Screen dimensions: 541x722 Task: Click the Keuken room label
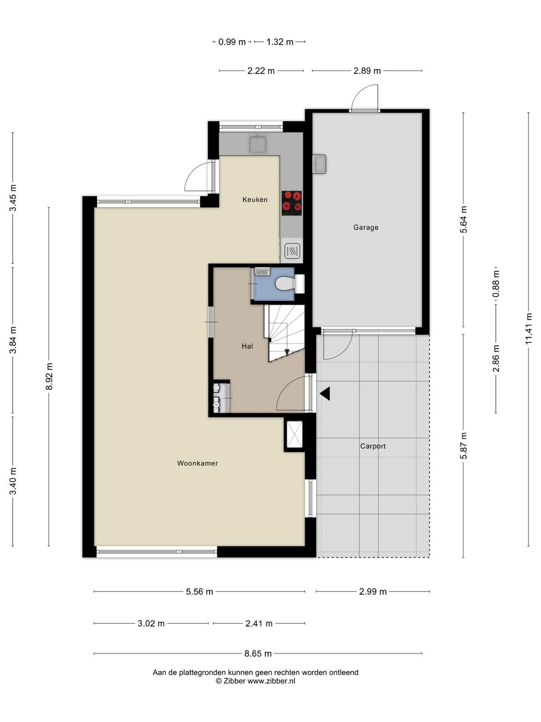(x=255, y=199)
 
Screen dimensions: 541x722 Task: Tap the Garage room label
(x=366, y=227)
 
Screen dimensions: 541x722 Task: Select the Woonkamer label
(x=197, y=463)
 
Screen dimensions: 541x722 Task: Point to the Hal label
(x=247, y=346)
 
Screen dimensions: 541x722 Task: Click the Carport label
(x=373, y=446)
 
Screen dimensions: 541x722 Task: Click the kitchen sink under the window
(x=258, y=144)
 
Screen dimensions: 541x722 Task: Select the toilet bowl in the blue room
(x=284, y=283)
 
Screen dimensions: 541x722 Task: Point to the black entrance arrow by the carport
(x=325, y=393)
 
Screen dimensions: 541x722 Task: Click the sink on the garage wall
(x=319, y=164)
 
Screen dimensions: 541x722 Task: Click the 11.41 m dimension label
(x=528, y=329)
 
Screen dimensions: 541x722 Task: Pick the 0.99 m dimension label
(x=232, y=42)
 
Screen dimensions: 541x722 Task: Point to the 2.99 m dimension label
(x=372, y=592)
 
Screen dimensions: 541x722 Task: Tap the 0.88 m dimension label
(x=495, y=284)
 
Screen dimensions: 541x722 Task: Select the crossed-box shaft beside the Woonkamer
(x=294, y=435)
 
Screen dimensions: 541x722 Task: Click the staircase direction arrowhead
(x=287, y=352)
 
